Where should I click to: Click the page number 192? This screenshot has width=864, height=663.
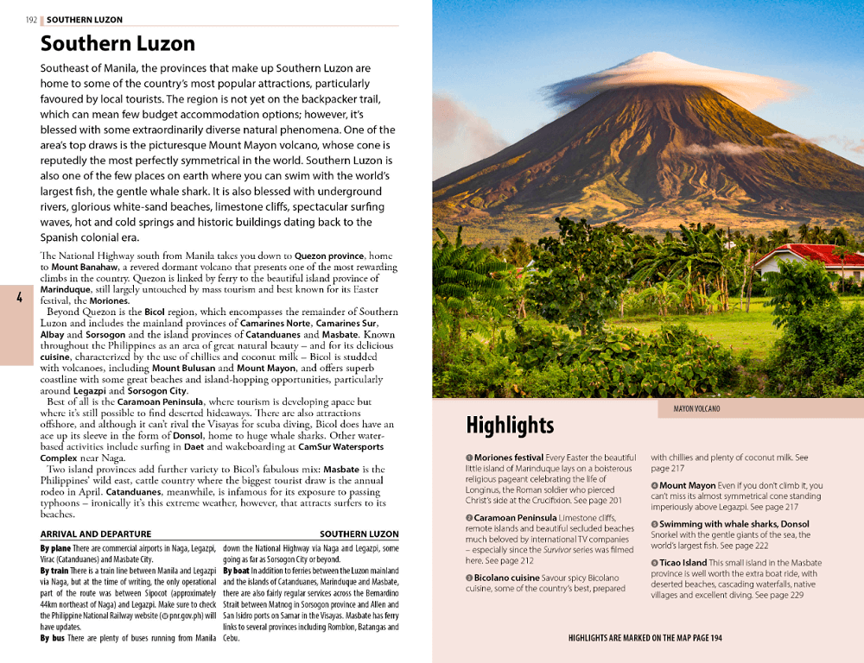tap(31, 20)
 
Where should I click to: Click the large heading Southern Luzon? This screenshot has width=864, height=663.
tap(118, 43)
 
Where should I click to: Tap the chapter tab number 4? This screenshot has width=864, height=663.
tap(19, 298)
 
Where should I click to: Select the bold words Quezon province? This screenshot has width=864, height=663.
tap(331, 256)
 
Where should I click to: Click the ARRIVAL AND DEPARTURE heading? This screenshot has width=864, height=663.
tap(96, 534)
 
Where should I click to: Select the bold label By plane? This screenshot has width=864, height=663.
tap(55, 548)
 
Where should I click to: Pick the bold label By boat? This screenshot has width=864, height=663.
tap(238, 571)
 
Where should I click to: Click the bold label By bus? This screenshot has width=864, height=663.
tap(54, 639)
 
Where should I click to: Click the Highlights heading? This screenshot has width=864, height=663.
tap(510, 426)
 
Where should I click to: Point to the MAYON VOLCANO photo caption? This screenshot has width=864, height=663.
tap(696, 408)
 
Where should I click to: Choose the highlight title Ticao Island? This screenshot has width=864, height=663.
tap(683, 563)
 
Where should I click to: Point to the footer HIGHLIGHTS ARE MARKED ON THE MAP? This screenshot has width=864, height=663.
tap(645, 638)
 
